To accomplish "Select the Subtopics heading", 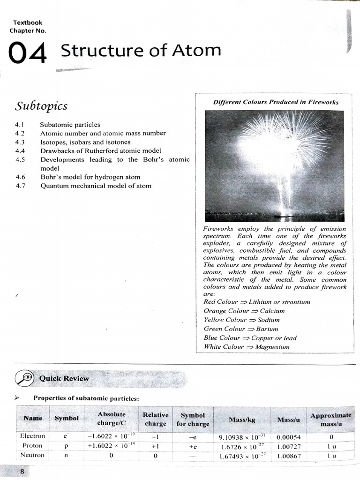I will click(41, 106).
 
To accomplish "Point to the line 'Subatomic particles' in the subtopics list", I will click(70, 125).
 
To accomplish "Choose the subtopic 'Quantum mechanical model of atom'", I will click(96, 186).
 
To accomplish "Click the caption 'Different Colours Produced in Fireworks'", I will click(276, 102).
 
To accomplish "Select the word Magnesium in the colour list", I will click(272, 347).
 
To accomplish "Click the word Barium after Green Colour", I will click(267, 329).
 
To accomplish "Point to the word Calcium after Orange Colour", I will click(272, 311).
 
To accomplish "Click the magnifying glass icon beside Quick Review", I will click(24, 378).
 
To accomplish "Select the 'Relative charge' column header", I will click(156, 419).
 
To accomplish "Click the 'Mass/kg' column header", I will click(242, 420).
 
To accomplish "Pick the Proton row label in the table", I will click(32, 446).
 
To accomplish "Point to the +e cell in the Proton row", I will click(193, 446).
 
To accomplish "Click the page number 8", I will click(22, 472).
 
